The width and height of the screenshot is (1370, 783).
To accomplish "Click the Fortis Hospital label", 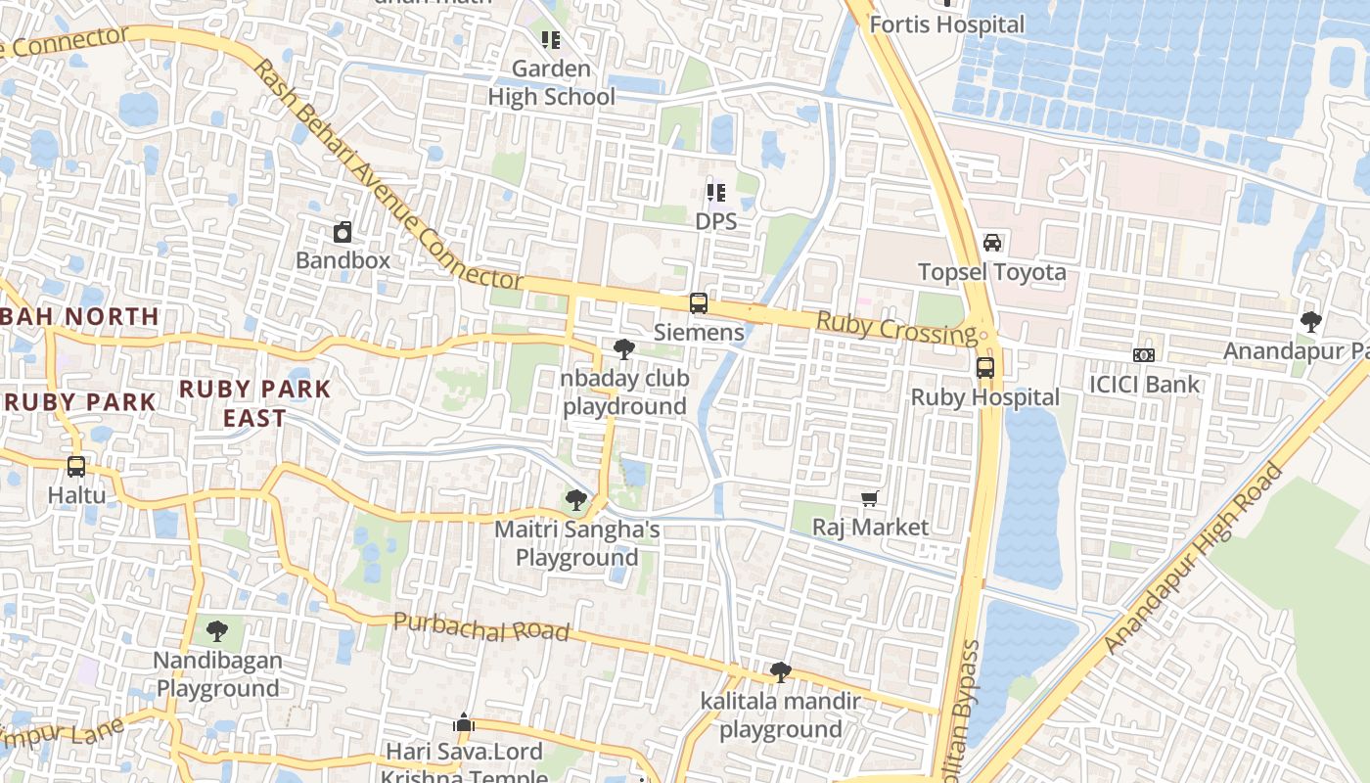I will [x=946, y=24].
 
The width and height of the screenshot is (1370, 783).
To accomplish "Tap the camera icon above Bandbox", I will [x=342, y=232].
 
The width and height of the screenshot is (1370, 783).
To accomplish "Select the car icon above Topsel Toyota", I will [x=991, y=243].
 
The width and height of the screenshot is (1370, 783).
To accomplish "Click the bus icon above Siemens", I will [x=698, y=303].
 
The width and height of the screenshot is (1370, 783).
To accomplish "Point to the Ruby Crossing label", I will [x=896, y=328].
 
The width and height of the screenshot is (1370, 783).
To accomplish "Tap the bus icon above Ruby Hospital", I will [x=984, y=369].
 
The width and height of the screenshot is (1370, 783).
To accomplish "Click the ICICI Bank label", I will [x=1144, y=384].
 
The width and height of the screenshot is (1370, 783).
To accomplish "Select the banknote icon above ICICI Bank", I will [x=1143, y=355].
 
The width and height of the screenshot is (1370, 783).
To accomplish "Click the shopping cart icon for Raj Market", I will [x=870, y=499].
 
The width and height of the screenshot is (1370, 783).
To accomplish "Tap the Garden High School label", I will [x=552, y=83].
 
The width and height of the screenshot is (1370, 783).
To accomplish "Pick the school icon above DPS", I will [x=715, y=193].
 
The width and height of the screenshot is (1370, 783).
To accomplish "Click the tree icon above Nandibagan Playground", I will [x=217, y=631].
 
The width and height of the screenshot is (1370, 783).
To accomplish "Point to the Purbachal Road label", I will [x=480, y=627].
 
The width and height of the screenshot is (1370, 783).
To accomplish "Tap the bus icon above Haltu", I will [x=76, y=467].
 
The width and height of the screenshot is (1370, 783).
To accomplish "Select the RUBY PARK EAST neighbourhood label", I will [x=255, y=403].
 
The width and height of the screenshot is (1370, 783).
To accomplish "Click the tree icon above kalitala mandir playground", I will [x=780, y=672].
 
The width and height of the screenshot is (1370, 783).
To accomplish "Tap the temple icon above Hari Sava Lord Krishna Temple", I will [x=464, y=724].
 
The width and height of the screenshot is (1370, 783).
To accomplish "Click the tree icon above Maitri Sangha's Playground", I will [x=576, y=501].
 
